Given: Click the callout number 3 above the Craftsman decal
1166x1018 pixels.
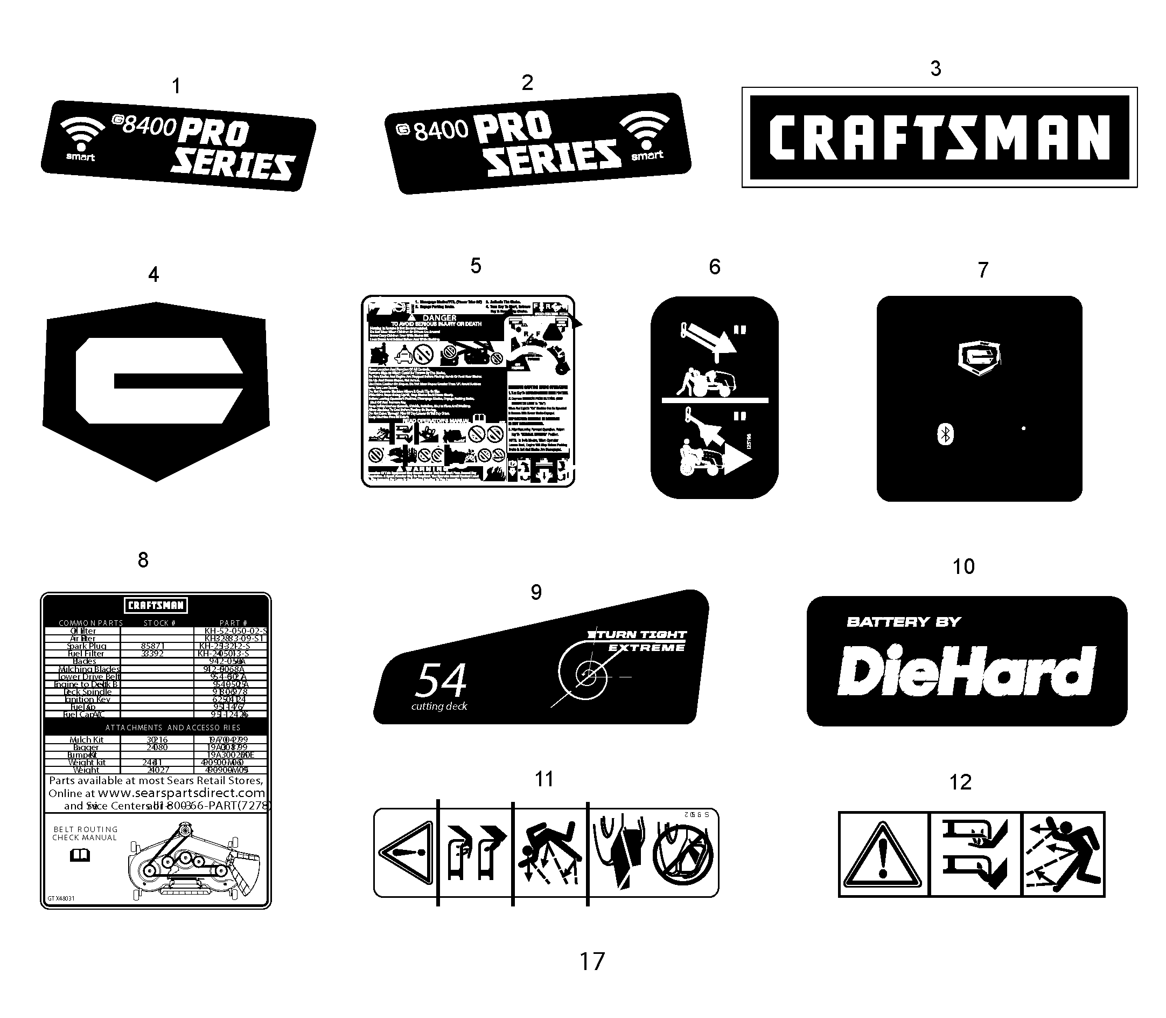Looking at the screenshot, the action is [935, 69].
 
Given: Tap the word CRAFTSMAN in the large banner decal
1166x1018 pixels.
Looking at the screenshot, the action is [939, 137].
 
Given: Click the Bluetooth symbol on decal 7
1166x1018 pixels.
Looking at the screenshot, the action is [945, 434].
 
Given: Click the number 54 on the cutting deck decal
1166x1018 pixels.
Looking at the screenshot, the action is [441, 680].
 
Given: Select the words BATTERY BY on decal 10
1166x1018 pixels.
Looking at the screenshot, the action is [903, 622].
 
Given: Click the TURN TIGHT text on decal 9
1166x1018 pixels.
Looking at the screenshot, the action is [639, 634].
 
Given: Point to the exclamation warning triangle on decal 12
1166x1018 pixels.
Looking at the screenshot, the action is [883, 854].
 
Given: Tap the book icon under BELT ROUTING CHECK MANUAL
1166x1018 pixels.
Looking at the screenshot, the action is [80, 855].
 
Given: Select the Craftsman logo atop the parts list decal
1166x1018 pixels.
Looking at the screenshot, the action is [156, 605].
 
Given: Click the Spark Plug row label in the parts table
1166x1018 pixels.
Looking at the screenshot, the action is [86, 646].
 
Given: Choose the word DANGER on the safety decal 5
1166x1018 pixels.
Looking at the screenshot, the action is [439, 318].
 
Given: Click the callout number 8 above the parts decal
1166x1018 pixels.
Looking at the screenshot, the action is [143, 560].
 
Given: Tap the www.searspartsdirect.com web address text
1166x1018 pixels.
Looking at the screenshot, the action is [181, 793].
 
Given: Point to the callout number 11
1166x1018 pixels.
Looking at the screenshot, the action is [544, 779].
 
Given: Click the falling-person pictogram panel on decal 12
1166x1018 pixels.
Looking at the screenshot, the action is [1063, 854].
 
